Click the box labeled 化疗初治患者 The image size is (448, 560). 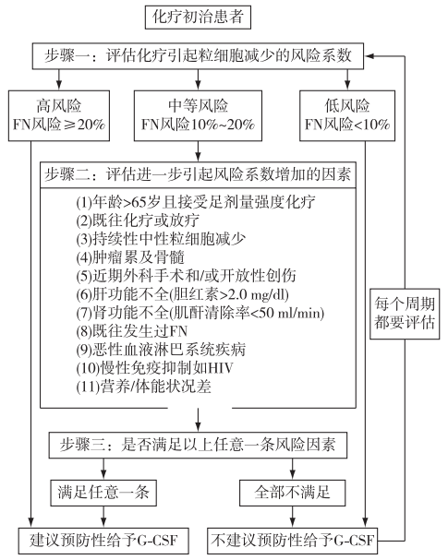[x=198, y=17]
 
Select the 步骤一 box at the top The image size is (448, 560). [x=198, y=56]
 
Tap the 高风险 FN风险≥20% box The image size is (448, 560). [x=59, y=115]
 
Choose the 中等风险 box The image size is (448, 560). [x=198, y=115]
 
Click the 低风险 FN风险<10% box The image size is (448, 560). [x=347, y=115]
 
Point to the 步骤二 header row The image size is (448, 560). [x=198, y=174]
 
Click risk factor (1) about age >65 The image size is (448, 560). [x=196, y=202]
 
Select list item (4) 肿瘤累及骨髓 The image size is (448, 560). [x=130, y=257]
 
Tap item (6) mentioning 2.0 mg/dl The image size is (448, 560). [x=182, y=294]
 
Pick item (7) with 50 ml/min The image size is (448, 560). [x=200, y=313]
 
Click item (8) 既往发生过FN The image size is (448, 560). [x=131, y=331]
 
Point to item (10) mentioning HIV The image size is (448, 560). [x=154, y=367]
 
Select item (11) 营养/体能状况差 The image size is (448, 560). [x=144, y=387]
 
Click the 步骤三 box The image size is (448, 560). [x=198, y=446]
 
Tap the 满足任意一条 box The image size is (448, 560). [x=103, y=493]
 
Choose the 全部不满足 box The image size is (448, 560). [x=292, y=493]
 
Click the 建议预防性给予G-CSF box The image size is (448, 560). [x=103, y=541]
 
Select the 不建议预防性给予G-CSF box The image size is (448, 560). [x=292, y=541]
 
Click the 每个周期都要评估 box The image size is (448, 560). [x=405, y=314]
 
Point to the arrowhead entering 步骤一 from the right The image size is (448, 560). [x=369, y=56]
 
